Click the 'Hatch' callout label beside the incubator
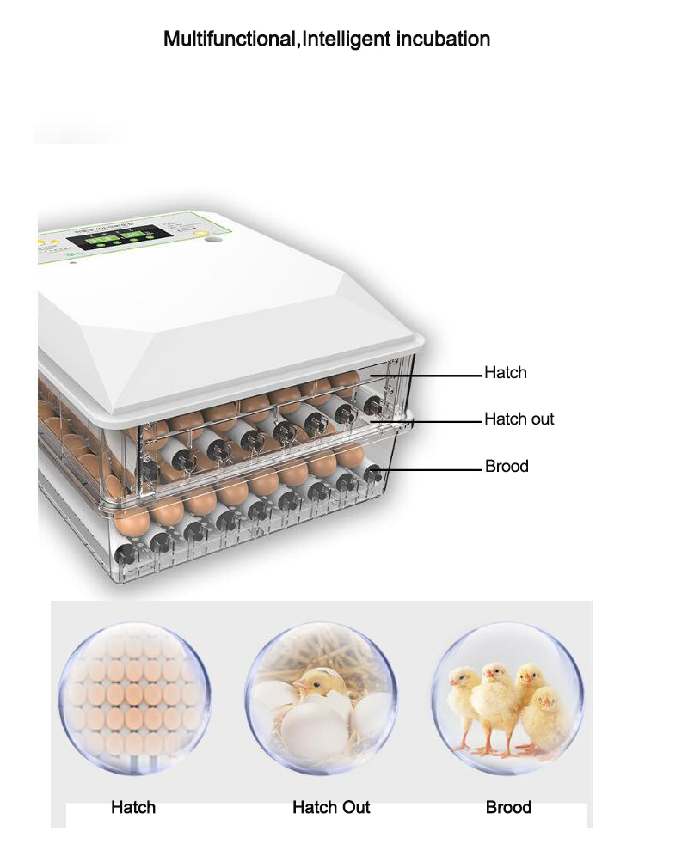pos(505,372)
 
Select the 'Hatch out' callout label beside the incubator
pos(519,419)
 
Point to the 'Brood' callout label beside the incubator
pos(507,466)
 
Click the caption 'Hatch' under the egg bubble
pos(133,807)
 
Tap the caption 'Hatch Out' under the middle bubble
pos(331,807)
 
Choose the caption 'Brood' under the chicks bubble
pos(508,807)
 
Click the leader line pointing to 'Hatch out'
pos(430,420)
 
